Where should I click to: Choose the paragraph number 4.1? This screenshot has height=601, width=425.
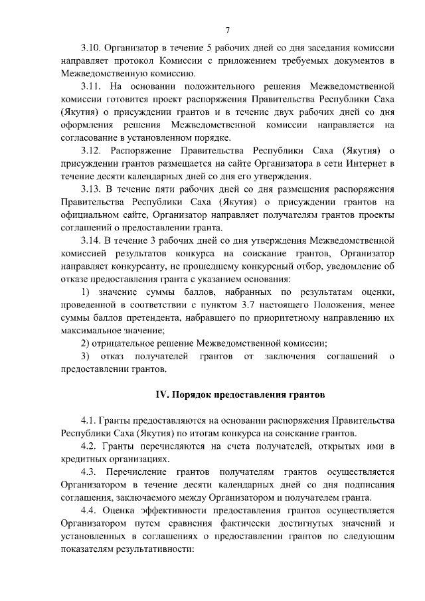pos(89,420)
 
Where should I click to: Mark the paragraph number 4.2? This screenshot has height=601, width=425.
pos(89,446)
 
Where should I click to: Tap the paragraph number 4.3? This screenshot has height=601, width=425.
pos(89,472)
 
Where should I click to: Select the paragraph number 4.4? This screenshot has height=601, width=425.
pos(89,510)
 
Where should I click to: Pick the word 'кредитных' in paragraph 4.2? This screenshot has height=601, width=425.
pos(82,459)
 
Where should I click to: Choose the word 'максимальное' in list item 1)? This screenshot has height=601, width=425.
pos(90,330)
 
